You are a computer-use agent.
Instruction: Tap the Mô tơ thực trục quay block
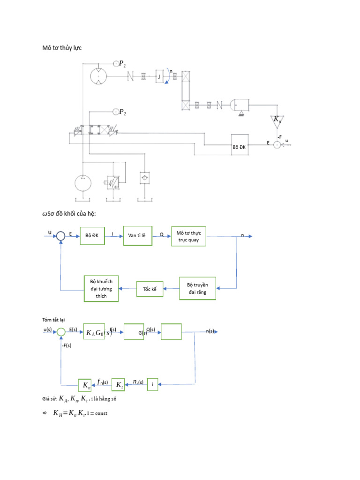[x=189, y=236]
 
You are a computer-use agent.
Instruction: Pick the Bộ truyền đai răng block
[x=197, y=288]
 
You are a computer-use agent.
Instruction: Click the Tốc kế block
[x=150, y=289]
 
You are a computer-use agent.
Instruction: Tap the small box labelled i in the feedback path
[x=152, y=385]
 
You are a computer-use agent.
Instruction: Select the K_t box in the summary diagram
[x=119, y=385]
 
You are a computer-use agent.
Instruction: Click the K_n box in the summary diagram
[x=86, y=385]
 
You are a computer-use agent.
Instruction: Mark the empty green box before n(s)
[x=171, y=332]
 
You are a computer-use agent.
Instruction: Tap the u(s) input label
[x=48, y=330]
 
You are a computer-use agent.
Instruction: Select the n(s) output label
[x=210, y=331]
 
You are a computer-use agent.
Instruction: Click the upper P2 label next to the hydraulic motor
[x=121, y=64]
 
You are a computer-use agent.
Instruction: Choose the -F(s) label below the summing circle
[x=67, y=345]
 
